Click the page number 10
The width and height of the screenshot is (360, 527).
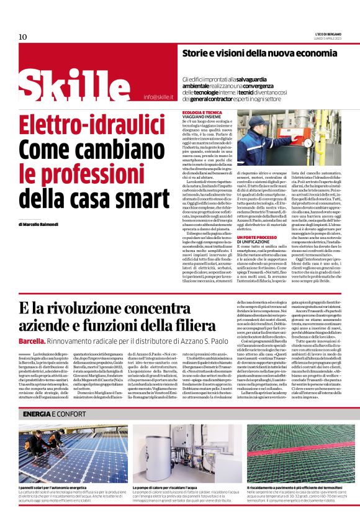coord(23,37)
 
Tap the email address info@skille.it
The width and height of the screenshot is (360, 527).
coord(158,97)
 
